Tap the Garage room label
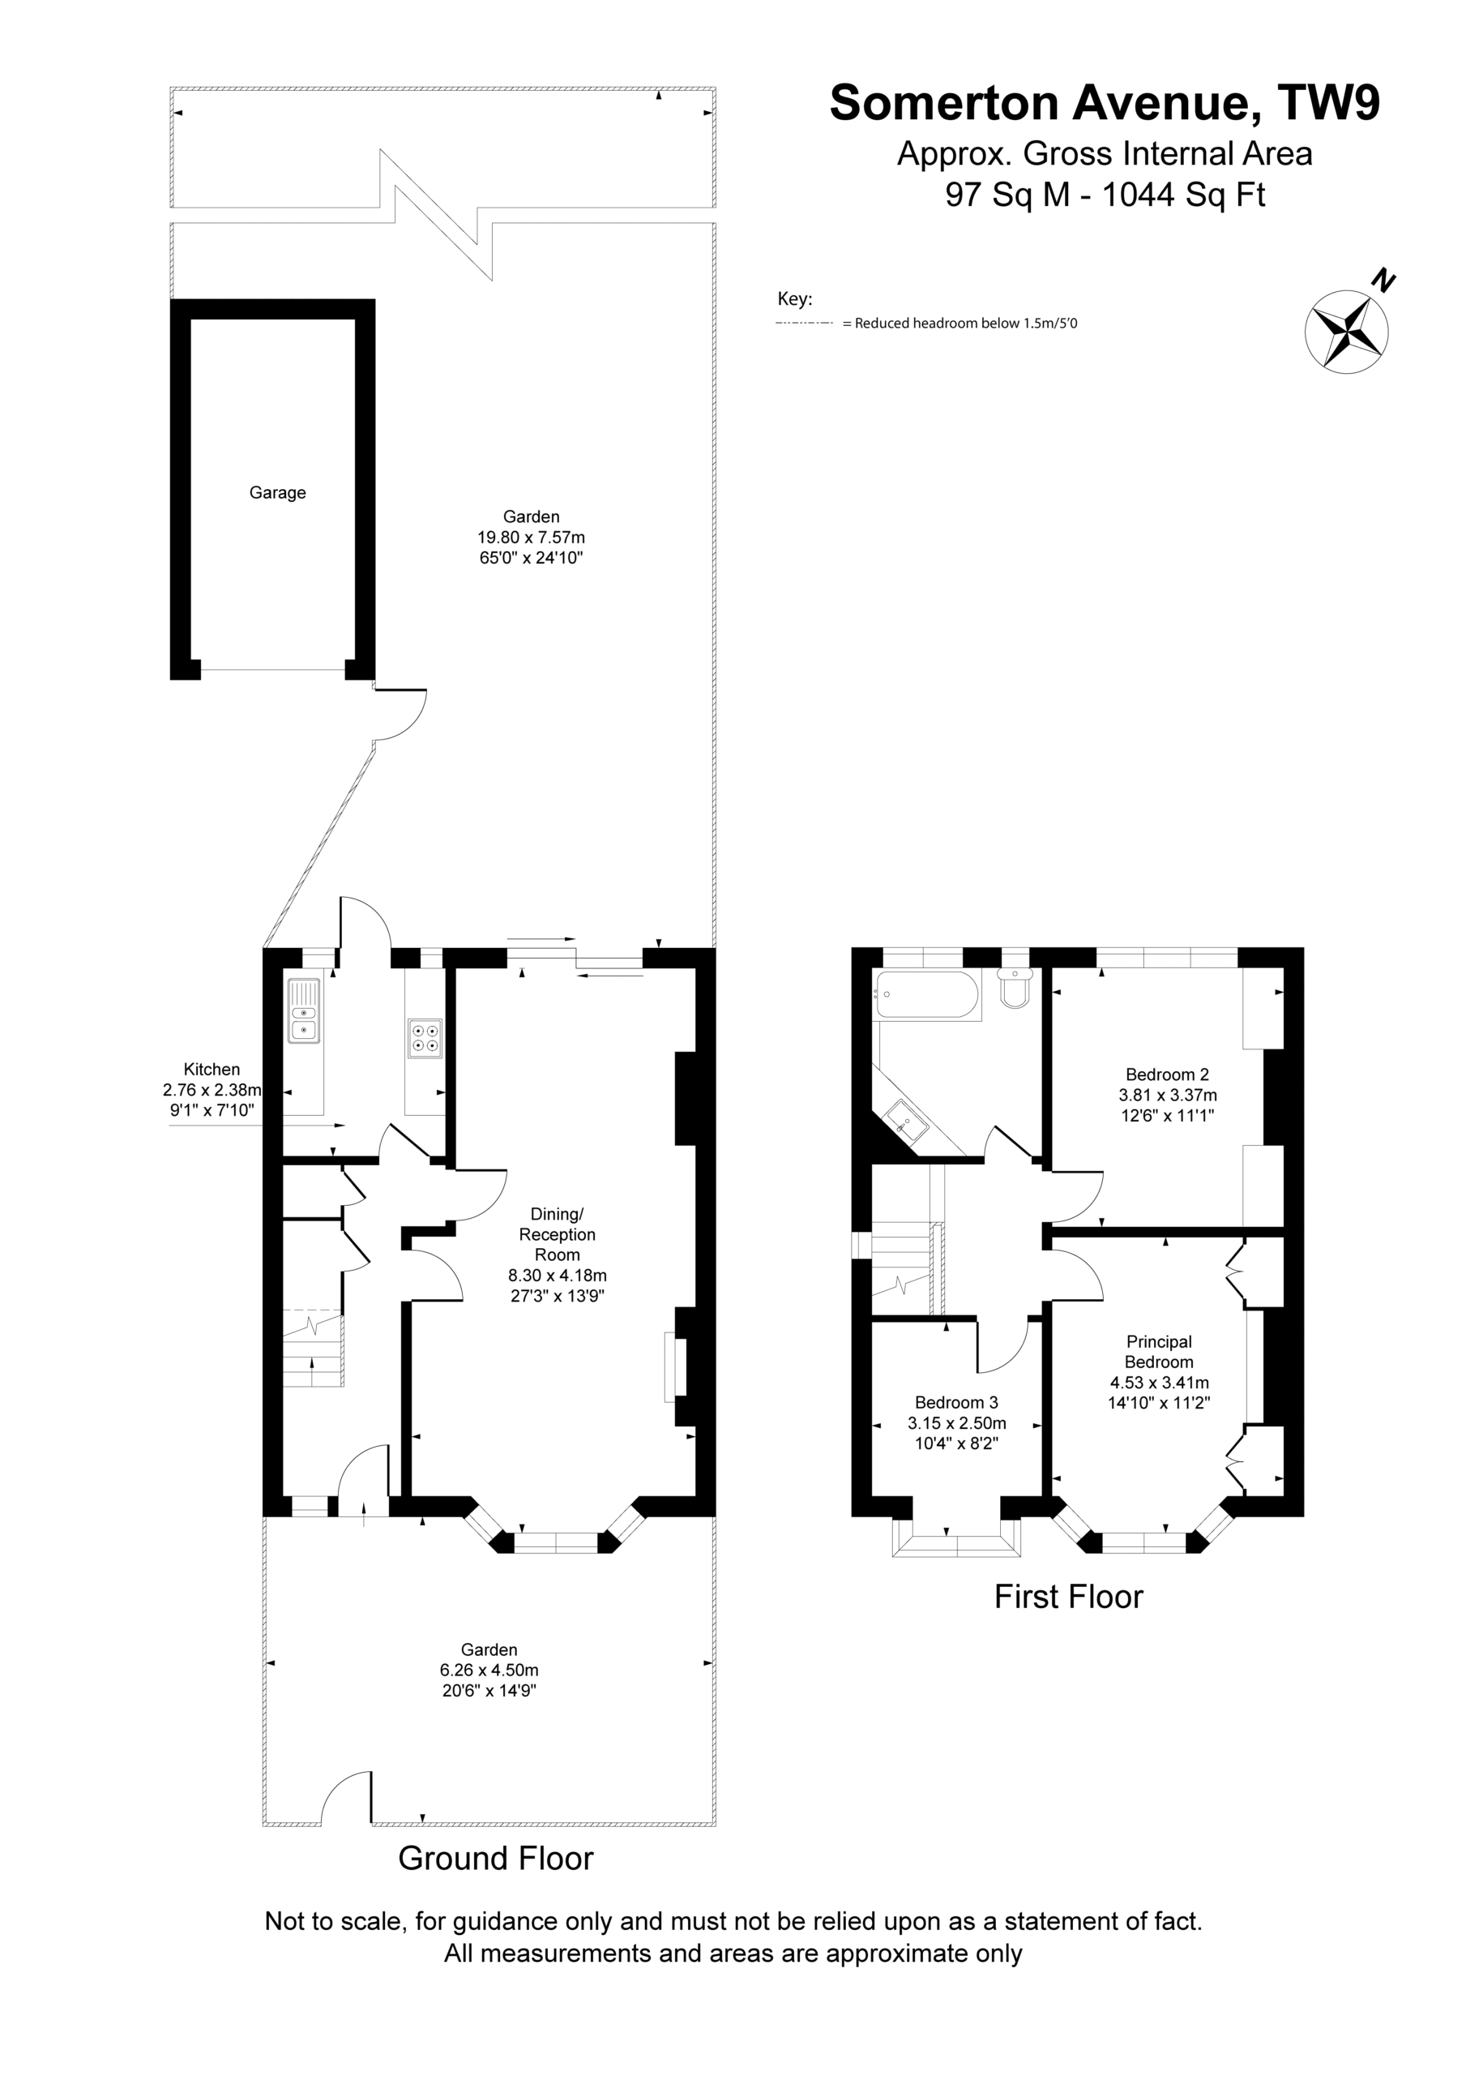coord(277,493)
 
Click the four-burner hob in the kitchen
coord(425,1038)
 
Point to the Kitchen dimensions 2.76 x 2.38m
coord(212,1090)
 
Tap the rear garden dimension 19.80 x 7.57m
coord(532,537)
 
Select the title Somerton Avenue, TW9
coord(1105,103)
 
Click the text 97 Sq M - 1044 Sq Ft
coord(1105,195)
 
